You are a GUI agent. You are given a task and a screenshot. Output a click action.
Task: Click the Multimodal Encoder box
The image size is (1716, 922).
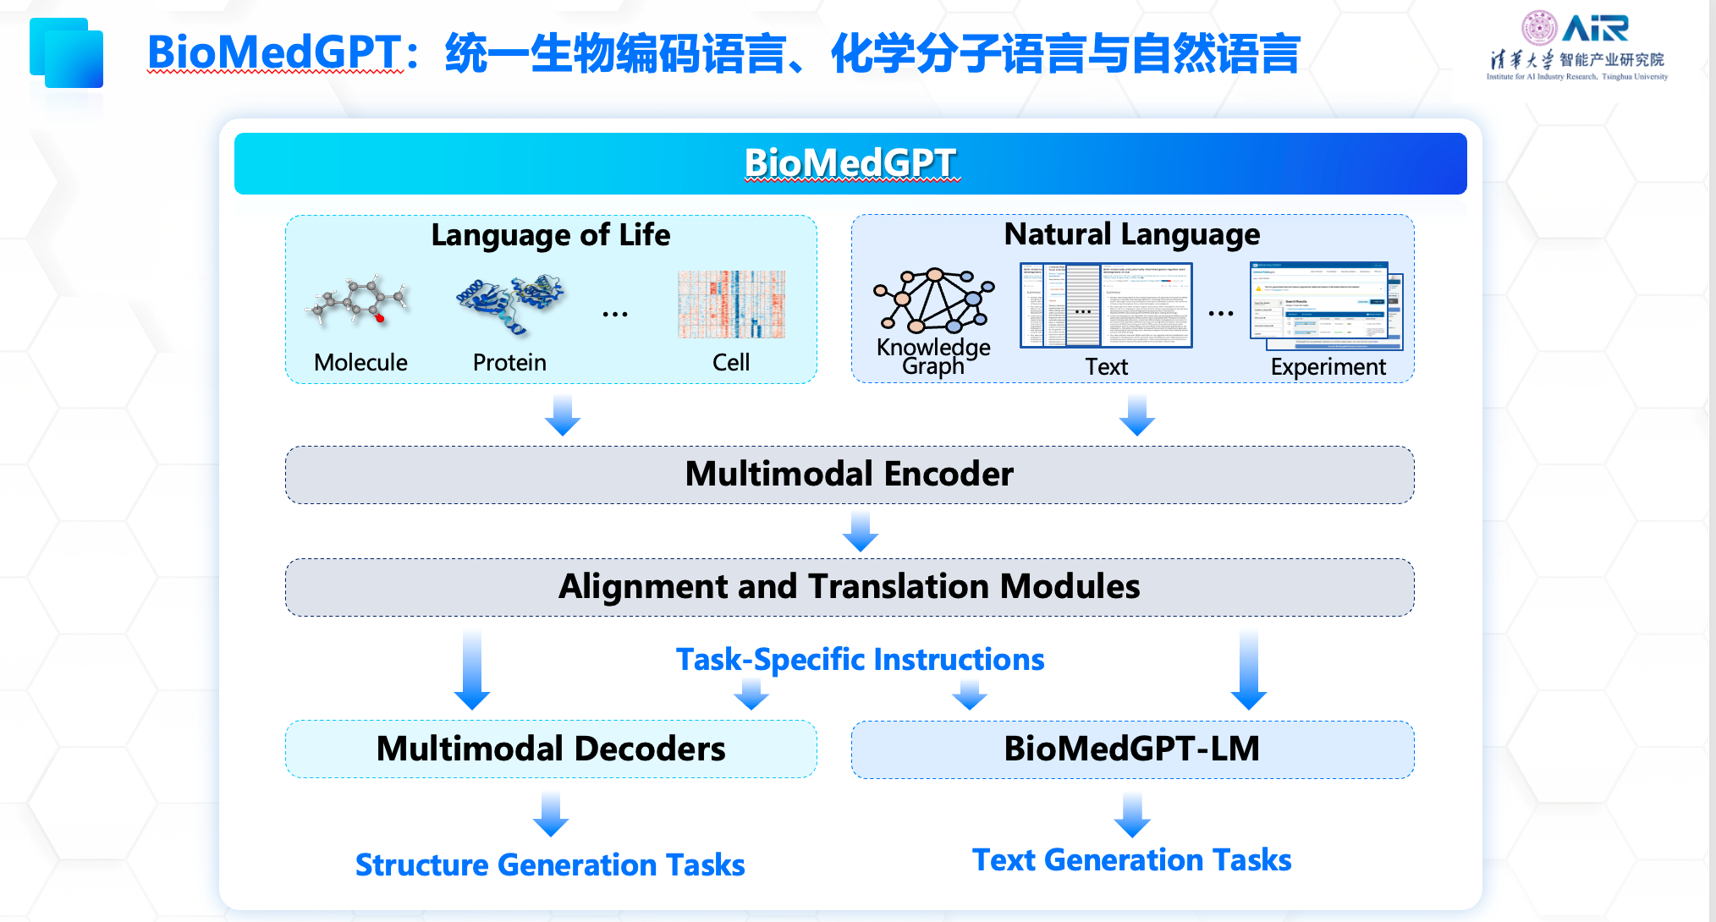click(849, 475)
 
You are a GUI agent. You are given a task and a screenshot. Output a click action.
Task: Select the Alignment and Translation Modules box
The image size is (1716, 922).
click(849, 587)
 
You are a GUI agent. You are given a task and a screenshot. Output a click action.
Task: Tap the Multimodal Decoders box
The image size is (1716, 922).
click(551, 749)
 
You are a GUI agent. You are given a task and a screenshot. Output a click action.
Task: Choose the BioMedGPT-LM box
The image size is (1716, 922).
click(1132, 749)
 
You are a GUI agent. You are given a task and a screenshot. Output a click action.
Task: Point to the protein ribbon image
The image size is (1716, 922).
click(509, 304)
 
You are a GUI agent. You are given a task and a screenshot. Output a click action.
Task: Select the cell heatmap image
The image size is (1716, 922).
click(731, 305)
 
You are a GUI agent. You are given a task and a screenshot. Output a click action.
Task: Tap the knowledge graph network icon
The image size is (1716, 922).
click(934, 301)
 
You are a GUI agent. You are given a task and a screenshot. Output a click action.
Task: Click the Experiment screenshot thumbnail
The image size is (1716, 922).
click(1326, 305)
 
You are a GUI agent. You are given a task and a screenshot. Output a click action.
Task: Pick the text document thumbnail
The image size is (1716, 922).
click(1106, 305)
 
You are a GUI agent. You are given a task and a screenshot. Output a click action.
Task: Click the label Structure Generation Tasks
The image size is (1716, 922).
click(550, 864)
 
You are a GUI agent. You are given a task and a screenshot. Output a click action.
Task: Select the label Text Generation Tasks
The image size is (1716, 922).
click(1131, 859)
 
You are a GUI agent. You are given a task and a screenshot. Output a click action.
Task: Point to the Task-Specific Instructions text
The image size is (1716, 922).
click(860, 659)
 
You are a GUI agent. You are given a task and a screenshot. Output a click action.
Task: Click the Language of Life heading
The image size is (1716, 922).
click(550, 234)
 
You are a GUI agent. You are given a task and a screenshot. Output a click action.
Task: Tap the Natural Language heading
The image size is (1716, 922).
click(1131, 233)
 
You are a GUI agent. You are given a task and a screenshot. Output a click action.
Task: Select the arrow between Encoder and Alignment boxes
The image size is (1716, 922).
click(861, 531)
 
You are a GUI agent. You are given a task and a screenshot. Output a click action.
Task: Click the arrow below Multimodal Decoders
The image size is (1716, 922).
click(551, 815)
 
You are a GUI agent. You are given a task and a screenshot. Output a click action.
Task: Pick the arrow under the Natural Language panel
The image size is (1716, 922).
click(1137, 415)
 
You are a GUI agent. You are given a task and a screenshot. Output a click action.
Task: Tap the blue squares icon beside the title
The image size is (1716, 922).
click(67, 53)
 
